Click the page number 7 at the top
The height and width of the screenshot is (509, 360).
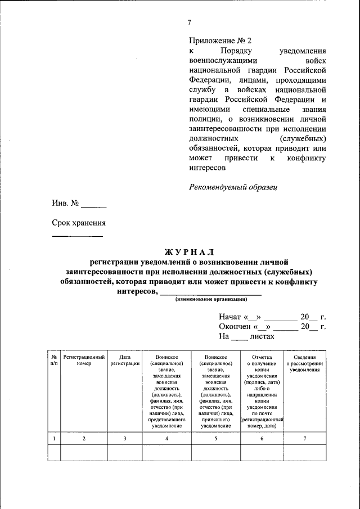coord(189,22)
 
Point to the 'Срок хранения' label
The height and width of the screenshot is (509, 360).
coord(79,223)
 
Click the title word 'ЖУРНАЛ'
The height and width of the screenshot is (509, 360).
coord(189,251)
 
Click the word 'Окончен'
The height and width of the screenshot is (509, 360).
coord(235,327)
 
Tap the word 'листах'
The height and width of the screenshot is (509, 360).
coord(262,336)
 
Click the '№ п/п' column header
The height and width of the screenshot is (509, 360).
coord(54,360)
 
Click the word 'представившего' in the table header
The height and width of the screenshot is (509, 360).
coord(167,419)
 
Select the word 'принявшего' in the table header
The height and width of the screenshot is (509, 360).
coord(215,419)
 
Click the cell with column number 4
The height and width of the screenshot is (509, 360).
coord(167,438)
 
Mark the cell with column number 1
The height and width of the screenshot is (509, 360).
coord(54,438)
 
